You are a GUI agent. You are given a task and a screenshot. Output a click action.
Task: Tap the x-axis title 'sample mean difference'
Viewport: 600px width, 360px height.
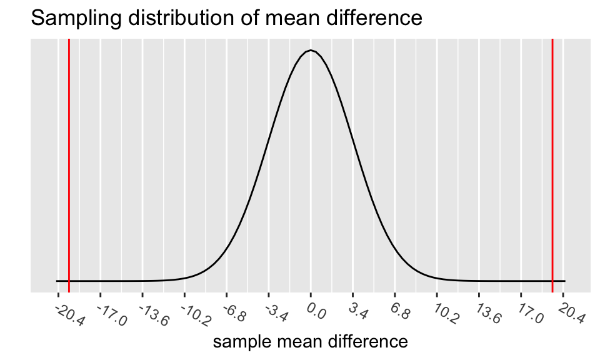[311, 342]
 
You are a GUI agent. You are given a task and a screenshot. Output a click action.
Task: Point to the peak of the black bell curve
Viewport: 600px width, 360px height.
[311, 51]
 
